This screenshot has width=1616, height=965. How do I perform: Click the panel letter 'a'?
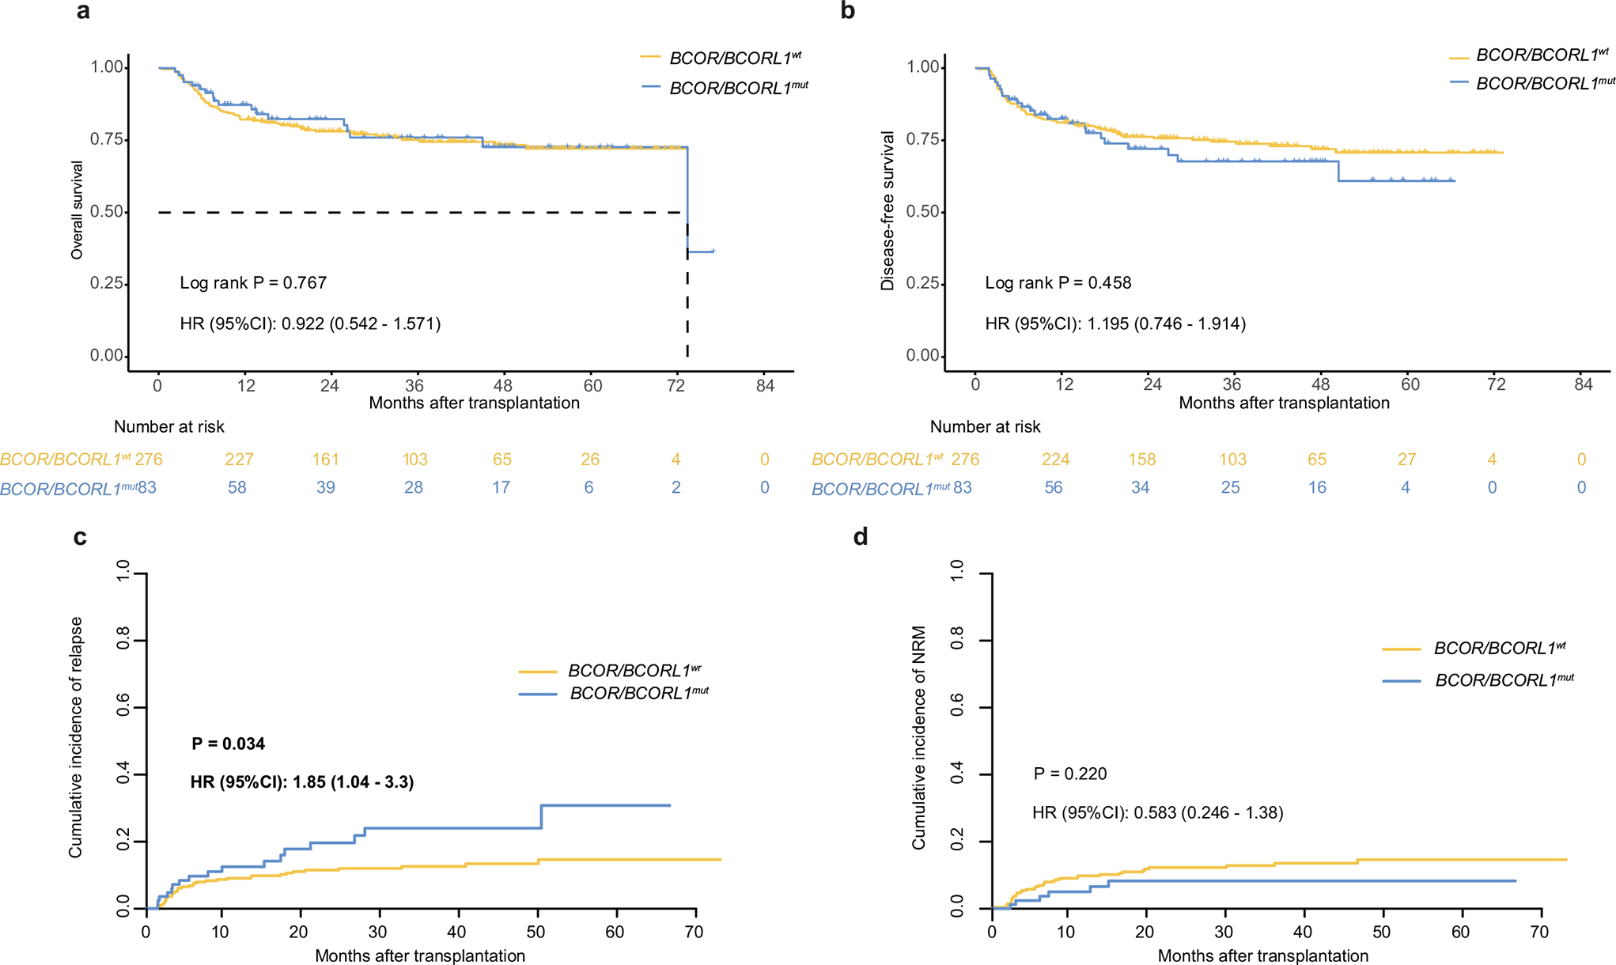click(x=83, y=12)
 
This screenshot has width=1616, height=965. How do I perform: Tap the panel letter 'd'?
click(x=861, y=538)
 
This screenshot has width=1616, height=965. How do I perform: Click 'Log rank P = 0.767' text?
click(x=253, y=283)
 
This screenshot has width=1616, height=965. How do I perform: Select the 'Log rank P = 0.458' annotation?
click(x=1058, y=283)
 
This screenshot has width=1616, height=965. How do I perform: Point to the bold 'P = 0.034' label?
click(x=228, y=744)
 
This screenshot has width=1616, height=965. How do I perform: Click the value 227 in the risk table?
click(x=239, y=460)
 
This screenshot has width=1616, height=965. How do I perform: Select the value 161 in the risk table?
click(x=325, y=460)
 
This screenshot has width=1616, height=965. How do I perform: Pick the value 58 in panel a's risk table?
click(x=237, y=488)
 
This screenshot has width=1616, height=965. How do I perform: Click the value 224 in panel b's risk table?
click(x=1055, y=460)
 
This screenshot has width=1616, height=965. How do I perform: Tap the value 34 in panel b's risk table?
click(x=1140, y=488)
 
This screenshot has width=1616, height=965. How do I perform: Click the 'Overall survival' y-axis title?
click(x=77, y=210)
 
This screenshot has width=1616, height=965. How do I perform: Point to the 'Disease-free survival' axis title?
click(x=887, y=210)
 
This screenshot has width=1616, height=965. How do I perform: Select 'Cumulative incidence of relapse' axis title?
click(x=76, y=737)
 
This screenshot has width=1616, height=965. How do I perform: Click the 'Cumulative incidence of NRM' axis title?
click(x=919, y=737)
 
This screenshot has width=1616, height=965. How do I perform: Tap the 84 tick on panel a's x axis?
click(x=765, y=386)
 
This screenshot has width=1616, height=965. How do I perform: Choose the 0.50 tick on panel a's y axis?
click(x=108, y=212)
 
